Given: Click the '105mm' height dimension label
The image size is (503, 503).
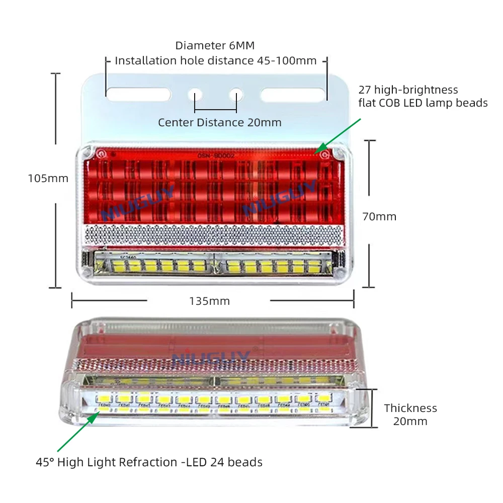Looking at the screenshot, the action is point(48,178).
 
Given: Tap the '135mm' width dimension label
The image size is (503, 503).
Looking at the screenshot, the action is point(209,301).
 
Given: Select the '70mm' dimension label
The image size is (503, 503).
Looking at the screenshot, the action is point(379,217).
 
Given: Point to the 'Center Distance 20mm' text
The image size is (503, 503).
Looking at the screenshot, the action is point(220,123).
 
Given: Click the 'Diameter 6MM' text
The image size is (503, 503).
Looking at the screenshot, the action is point(215,45).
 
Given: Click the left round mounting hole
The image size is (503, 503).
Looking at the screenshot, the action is point(195,94).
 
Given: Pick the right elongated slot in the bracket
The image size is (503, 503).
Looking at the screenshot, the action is point(292,94).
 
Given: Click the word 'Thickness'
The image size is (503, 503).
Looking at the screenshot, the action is point(410,408).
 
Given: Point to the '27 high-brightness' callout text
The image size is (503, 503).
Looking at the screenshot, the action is point(408,90).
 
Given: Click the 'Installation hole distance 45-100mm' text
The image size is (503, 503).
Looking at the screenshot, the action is point(216,61).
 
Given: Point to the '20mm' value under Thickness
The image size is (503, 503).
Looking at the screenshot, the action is point(410,422).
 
